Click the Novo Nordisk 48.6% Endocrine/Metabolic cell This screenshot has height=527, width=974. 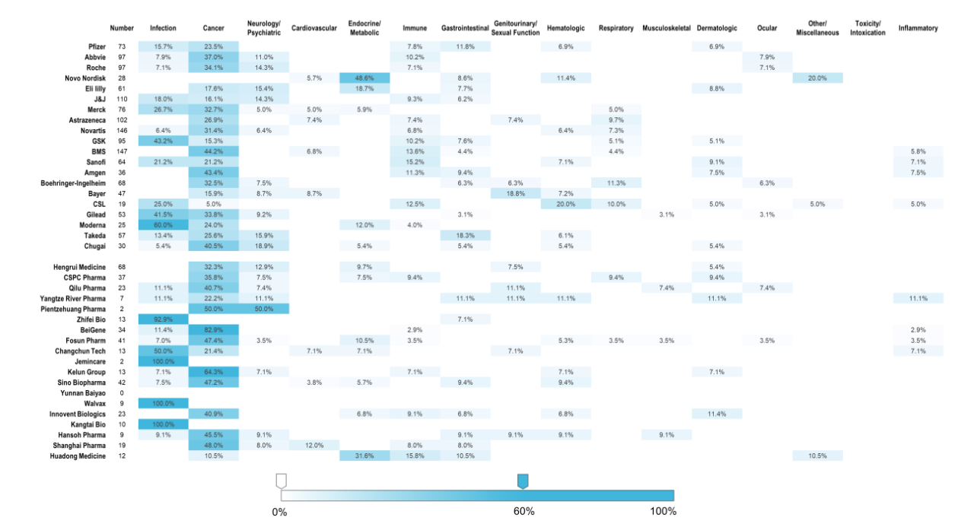364,78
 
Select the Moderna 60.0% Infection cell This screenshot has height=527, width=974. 163,225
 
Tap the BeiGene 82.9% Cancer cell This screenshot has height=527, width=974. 214,330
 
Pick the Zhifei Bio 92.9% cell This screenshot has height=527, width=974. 163,319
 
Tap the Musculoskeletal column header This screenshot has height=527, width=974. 666,29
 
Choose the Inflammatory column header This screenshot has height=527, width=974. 918,29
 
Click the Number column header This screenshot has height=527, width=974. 122,29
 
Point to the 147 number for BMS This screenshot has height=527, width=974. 122,151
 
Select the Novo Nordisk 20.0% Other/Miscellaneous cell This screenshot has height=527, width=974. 817,78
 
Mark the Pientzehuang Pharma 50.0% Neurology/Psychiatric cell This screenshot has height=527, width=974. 263,309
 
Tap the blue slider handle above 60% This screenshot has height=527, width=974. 523,481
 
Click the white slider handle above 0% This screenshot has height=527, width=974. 281,481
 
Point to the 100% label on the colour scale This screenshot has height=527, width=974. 663,511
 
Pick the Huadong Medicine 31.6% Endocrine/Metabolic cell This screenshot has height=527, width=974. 364,456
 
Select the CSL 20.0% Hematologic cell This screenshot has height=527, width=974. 565,204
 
